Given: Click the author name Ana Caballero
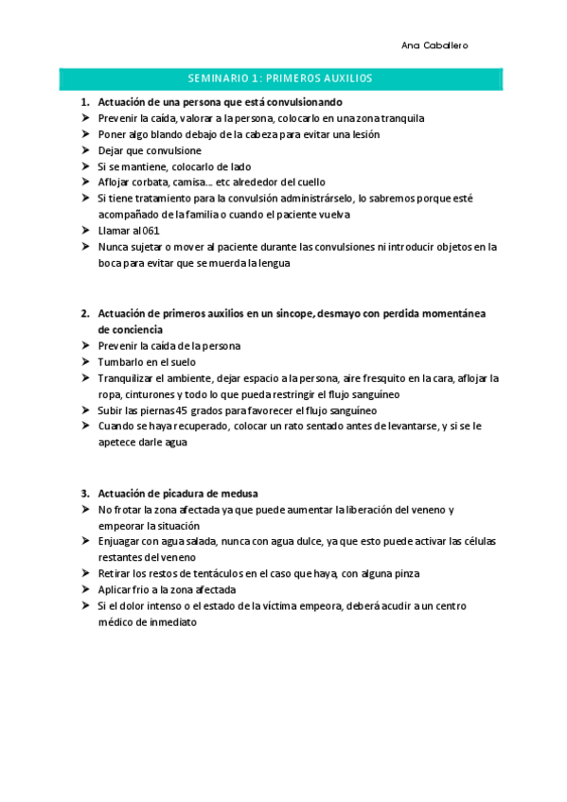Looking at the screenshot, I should click(x=434, y=45).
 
